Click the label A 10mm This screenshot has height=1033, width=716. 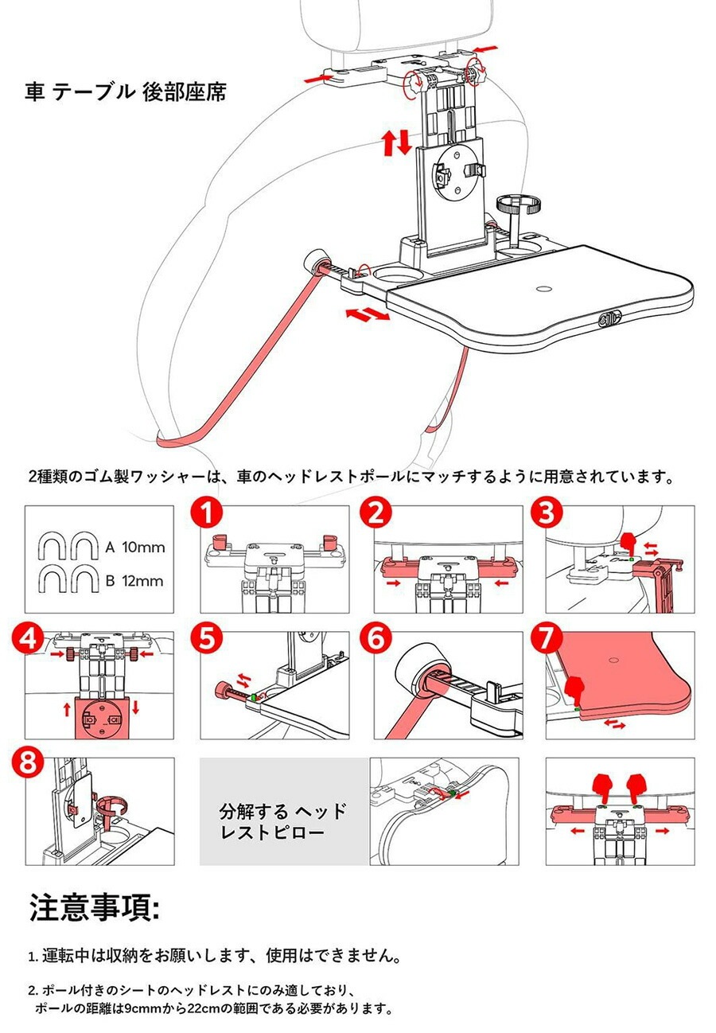click(134, 548)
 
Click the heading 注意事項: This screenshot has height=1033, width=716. click(95, 908)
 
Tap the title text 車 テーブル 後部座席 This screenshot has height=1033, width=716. click(126, 92)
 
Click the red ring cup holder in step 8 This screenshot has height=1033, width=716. click(109, 808)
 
